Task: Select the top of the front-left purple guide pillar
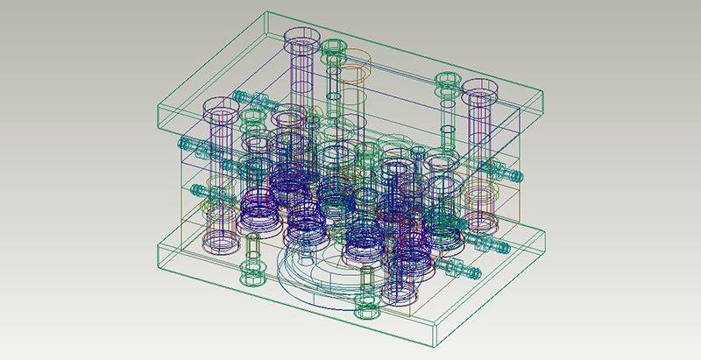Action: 223,111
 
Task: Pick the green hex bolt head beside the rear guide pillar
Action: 333,46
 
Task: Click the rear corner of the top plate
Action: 265,12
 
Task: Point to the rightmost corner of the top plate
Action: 544,91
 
